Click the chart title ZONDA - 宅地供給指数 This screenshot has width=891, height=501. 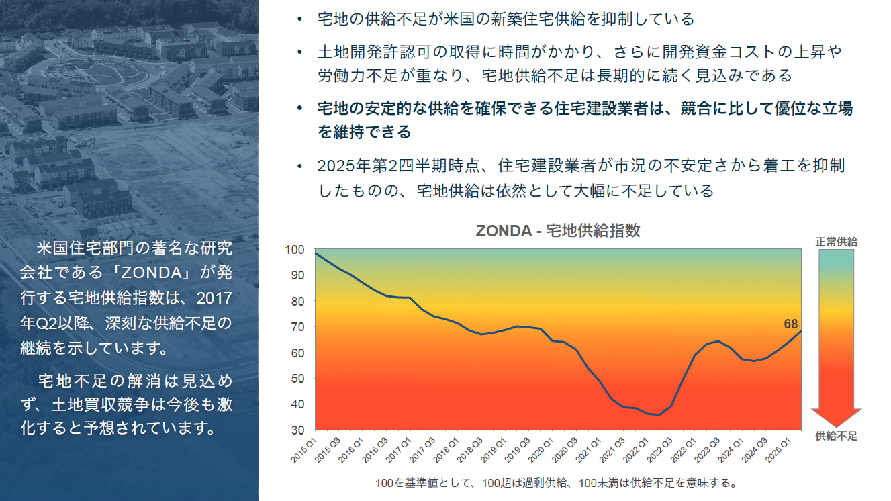(557, 231)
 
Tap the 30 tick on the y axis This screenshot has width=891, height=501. (299, 430)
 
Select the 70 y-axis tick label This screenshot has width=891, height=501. (299, 327)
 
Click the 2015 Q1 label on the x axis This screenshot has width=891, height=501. (306, 448)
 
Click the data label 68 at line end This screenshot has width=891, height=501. (790, 324)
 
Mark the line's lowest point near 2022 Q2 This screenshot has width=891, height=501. (659, 415)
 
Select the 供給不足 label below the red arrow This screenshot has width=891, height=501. (837, 437)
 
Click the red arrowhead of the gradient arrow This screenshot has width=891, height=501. (837, 417)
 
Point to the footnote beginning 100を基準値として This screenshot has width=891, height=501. (557, 483)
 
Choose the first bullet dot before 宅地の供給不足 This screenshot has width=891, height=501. (299, 19)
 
